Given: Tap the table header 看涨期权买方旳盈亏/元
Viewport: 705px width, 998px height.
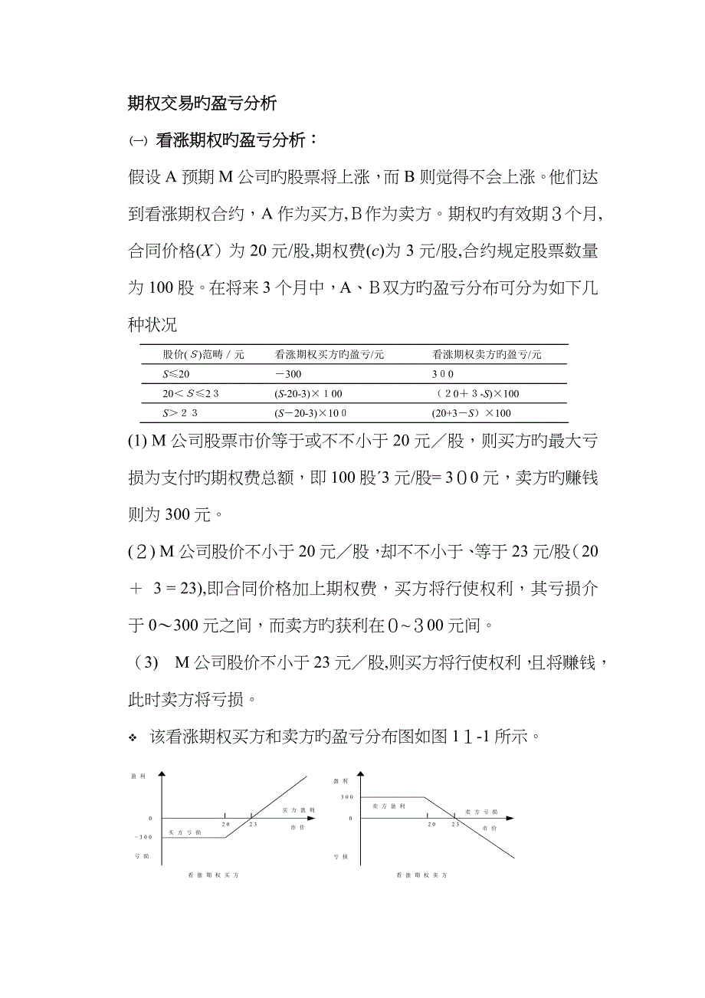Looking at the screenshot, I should click(x=330, y=354).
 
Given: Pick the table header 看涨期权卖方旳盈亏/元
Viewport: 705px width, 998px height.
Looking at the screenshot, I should click(x=487, y=354).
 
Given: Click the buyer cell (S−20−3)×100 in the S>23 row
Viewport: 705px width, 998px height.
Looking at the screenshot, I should click(x=310, y=412).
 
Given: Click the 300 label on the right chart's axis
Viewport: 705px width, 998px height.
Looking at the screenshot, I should click(x=346, y=797).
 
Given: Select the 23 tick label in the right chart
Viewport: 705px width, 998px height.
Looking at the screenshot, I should click(x=455, y=824).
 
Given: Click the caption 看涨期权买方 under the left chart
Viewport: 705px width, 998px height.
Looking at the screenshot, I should click(x=219, y=875).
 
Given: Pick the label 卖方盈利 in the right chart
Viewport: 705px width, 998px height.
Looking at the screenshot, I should click(x=389, y=807).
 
